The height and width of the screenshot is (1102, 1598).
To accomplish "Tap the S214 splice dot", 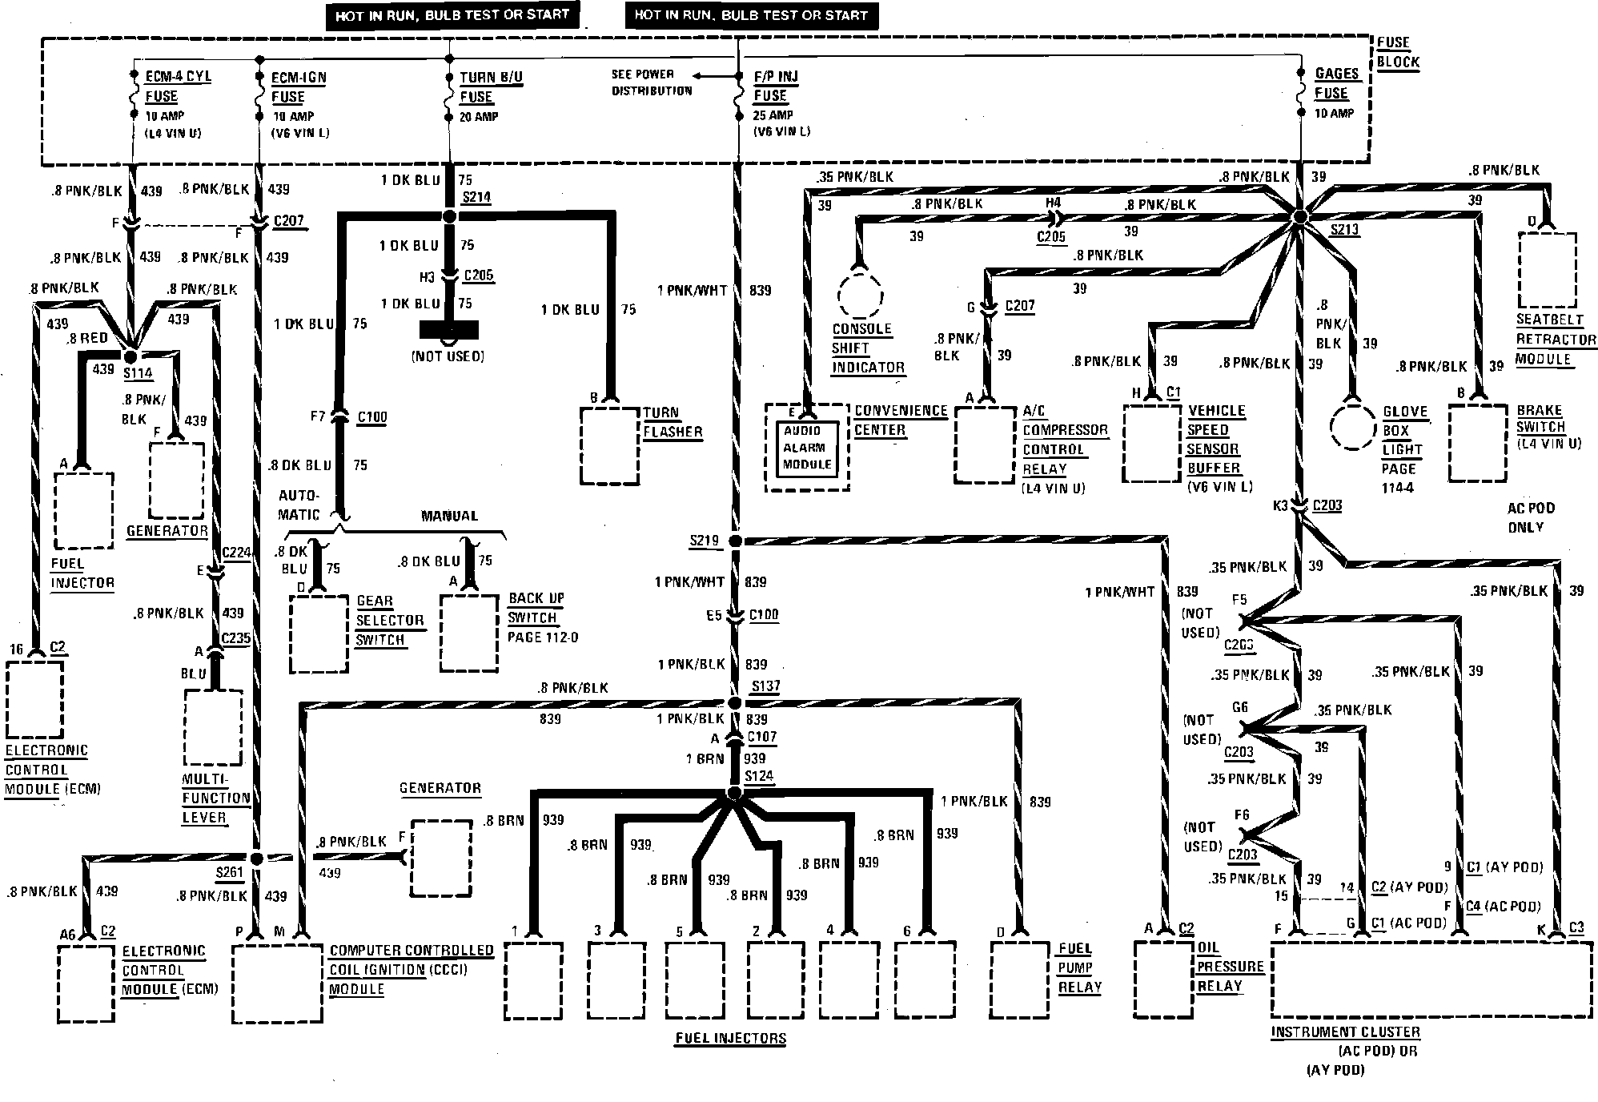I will point(449,216).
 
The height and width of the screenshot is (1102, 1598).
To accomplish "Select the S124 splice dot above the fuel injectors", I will point(733,794).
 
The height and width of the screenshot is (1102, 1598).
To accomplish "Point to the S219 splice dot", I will point(736,542).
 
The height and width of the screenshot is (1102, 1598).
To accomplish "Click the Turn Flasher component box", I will point(610,445).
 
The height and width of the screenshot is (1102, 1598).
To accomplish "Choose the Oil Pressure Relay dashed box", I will point(1162,980).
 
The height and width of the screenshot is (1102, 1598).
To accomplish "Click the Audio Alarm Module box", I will point(807,448).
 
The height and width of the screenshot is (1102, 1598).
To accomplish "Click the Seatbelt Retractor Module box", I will point(1547,270).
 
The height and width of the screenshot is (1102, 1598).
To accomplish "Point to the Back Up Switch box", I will point(469,633).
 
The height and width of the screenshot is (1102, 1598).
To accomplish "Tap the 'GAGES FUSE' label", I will point(1336,83).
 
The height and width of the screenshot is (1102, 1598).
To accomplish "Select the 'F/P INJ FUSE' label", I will point(775,86).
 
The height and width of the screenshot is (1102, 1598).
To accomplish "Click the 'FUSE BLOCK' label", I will point(1398,52).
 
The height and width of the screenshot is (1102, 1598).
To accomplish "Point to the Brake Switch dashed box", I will point(1478,443).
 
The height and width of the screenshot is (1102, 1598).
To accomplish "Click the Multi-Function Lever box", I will point(213,727).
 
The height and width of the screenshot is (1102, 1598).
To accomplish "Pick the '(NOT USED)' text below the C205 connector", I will point(448,356).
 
